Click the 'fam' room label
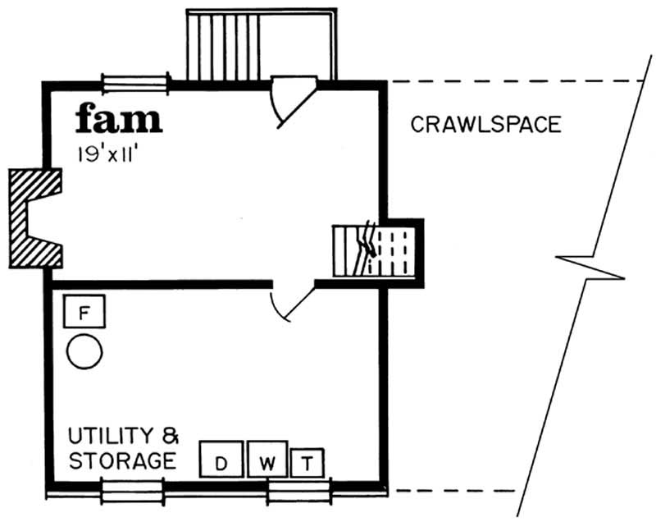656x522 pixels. click(x=119, y=119)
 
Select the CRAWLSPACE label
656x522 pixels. click(x=485, y=125)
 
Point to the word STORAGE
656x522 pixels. click(x=121, y=460)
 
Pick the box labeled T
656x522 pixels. click(x=307, y=463)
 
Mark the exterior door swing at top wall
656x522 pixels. click(x=292, y=98)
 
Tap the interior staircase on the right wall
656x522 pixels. click(x=374, y=252)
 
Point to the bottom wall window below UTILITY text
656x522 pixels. click(x=132, y=490)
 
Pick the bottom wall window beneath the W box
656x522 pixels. click(x=298, y=490)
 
